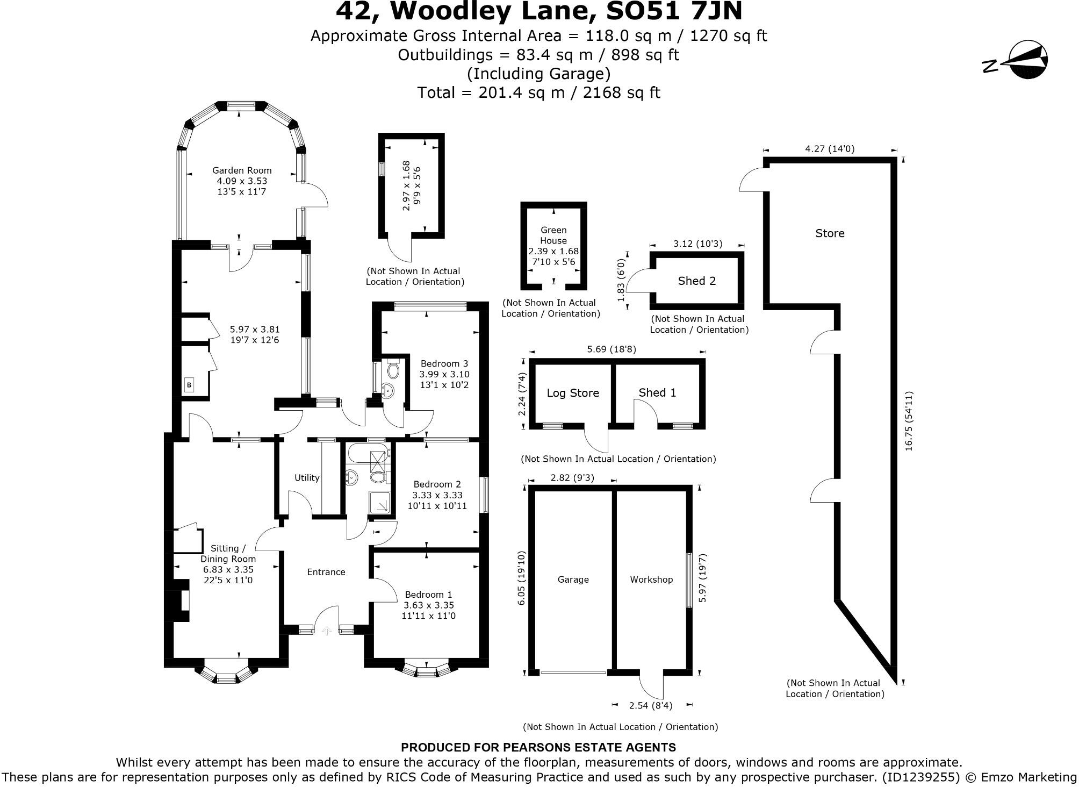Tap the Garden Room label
242,171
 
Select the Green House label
553,235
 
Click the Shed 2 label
696,281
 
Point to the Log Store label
572,393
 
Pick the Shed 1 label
657,392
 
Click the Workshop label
651,579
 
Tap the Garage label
573,579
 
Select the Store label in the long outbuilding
829,233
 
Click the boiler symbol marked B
189,385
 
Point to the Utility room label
307,477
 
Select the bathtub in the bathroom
366,453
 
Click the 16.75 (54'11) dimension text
909,421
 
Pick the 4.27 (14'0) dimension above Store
829,149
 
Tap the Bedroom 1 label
428,595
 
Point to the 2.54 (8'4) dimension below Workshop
650,705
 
